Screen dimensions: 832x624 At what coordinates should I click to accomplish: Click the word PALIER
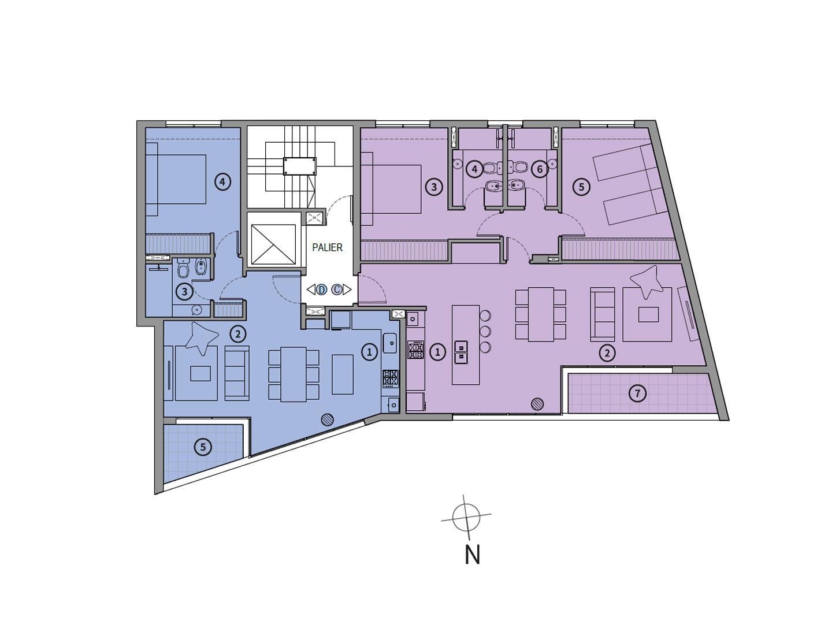tap(327, 247)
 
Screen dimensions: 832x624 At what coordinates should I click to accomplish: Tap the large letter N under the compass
tap(472, 555)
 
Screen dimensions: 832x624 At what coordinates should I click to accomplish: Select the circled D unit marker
tap(321, 290)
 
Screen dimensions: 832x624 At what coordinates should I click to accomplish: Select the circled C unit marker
tap(337, 290)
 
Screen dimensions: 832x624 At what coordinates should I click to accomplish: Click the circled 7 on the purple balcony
tap(637, 394)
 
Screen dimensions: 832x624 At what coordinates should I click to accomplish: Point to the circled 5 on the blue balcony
tap(203, 447)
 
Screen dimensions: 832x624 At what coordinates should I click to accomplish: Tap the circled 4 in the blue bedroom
tap(222, 182)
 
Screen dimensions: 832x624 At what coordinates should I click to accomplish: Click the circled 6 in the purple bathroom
tap(540, 169)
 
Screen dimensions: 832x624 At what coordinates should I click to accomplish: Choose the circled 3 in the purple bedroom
tap(434, 187)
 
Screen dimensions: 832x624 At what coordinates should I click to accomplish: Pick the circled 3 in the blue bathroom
tap(185, 292)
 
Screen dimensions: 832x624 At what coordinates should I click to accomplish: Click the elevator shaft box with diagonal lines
tap(273, 244)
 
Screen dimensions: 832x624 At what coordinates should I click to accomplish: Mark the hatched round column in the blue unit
tap(327, 420)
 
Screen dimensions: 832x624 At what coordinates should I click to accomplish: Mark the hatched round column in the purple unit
tap(537, 404)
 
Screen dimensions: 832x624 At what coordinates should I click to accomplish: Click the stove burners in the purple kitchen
tap(415, 350)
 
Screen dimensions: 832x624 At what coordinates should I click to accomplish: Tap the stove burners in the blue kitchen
tap(391, 378)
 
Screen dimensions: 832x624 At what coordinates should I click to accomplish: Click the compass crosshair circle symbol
tap(466, 517)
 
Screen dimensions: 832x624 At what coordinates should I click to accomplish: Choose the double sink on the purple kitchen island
tap(461, 351)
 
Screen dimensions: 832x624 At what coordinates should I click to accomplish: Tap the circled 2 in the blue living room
tap(237, 335)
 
